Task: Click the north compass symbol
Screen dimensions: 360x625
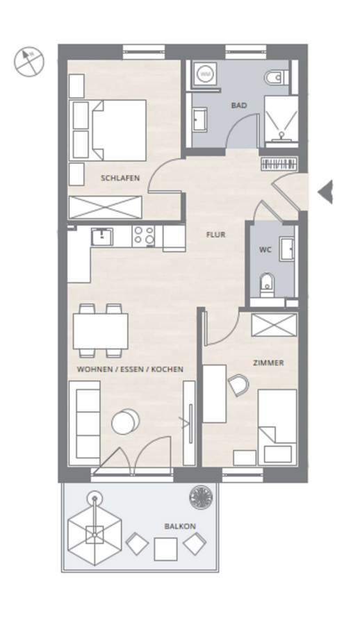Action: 29,62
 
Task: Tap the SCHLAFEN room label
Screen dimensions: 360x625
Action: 120,178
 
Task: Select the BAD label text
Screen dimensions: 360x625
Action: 238,106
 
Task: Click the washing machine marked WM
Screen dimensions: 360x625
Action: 205,74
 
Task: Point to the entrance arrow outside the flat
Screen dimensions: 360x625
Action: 325,192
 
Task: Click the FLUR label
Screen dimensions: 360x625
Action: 216,235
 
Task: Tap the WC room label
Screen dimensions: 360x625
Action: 265,250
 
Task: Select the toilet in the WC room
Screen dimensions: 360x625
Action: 267,285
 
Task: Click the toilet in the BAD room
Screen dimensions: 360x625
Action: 277,77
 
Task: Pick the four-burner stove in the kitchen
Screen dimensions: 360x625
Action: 144,235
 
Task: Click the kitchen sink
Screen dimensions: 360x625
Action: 101,236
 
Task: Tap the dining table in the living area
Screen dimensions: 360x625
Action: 100,331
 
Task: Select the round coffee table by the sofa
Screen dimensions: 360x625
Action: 125,422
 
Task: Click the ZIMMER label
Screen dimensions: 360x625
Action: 268,363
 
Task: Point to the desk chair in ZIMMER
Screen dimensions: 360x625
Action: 238,385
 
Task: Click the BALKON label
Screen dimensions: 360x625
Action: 180,526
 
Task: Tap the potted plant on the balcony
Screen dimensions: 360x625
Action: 201,497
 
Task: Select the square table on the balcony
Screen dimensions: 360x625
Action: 165,549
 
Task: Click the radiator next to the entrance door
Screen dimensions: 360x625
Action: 279,164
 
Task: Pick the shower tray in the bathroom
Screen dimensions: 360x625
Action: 281,119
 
